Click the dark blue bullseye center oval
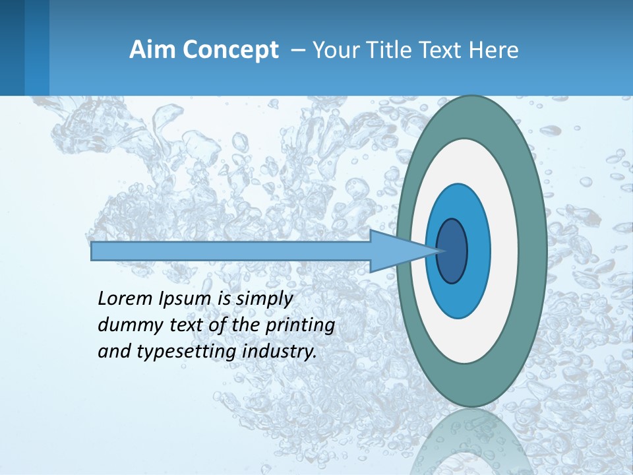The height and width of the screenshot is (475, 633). [452, 251]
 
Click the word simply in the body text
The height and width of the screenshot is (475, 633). [264, 299]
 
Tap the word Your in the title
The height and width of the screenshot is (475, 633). [333, 50]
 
